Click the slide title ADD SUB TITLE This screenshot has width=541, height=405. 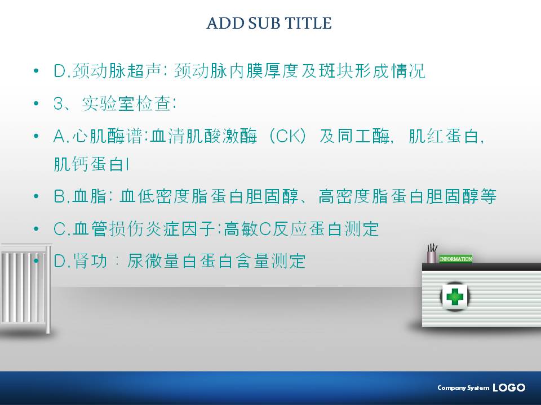click(x=269, y=23)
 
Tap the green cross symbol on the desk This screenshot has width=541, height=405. click(x=454, y=296)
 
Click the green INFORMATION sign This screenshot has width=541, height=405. click(x=456, y=259)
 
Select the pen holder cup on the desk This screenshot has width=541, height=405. click(x=431, y=256)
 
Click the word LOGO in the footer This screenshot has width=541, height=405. click(x=509, y=388)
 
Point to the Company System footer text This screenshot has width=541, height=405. click(x=463, y=388)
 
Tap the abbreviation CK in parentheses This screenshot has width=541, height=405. click(x=287, y=136)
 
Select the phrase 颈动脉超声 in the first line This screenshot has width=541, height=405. click(x=117, y=71)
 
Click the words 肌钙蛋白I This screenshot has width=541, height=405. click(x=92, y=164)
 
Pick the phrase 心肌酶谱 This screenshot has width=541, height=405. click(x=107, y=136)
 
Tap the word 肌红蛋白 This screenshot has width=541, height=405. click(x=444, y=136)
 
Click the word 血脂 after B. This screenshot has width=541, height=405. click(x=90, y=196)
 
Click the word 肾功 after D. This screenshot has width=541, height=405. click(x=90, y=261)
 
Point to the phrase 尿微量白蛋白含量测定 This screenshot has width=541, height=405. click(x=216, y=261)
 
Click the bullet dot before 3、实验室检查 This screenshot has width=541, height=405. click(x=36, y=103)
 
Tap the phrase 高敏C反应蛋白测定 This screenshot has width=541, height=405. click(x=301, y=229)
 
